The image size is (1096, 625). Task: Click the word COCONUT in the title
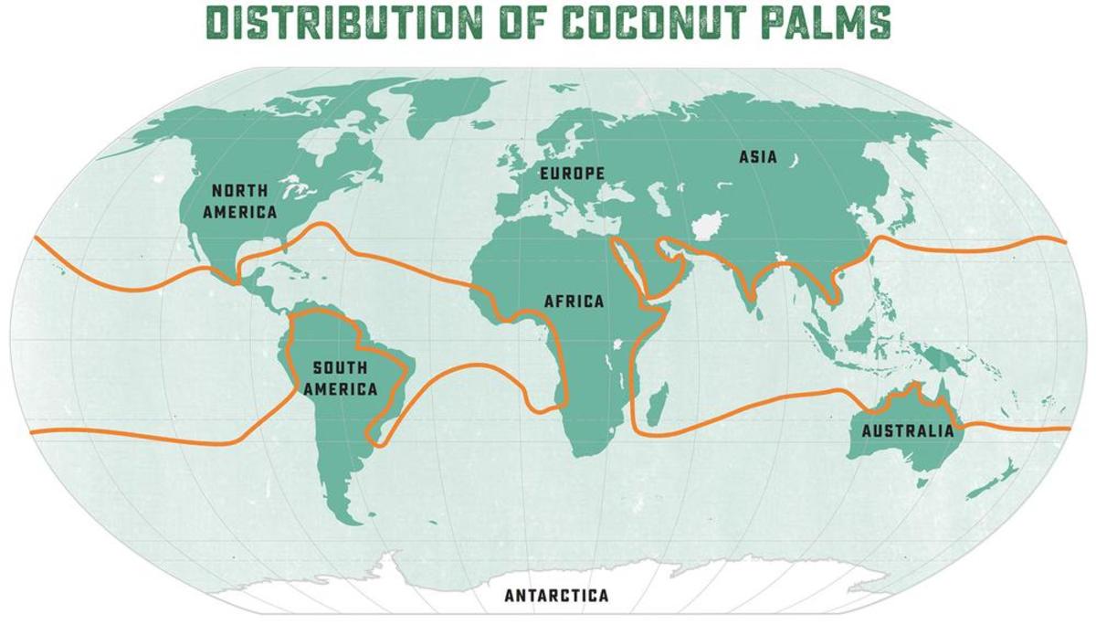[x=676, y=23]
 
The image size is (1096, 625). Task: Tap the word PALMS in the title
[x=827, y=23]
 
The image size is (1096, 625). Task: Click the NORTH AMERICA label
[x=240, y=201]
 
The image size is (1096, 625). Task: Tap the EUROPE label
[x=572, y=173]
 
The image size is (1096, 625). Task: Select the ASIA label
[x=757, y=157]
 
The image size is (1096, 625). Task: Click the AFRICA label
[x=574, y=301]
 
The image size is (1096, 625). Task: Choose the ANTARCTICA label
[x=555, y=596]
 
